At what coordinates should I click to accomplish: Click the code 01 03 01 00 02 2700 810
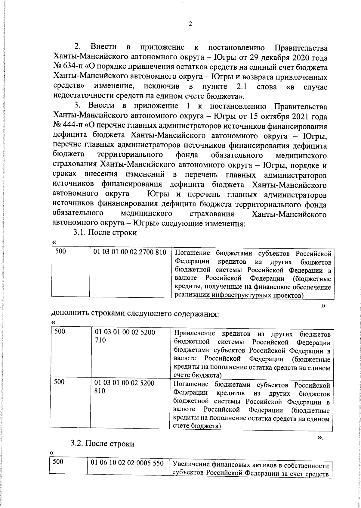coord(130,252)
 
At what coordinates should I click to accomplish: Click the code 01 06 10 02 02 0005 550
coord(127,463)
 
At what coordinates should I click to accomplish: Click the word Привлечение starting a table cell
coord(195,334)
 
